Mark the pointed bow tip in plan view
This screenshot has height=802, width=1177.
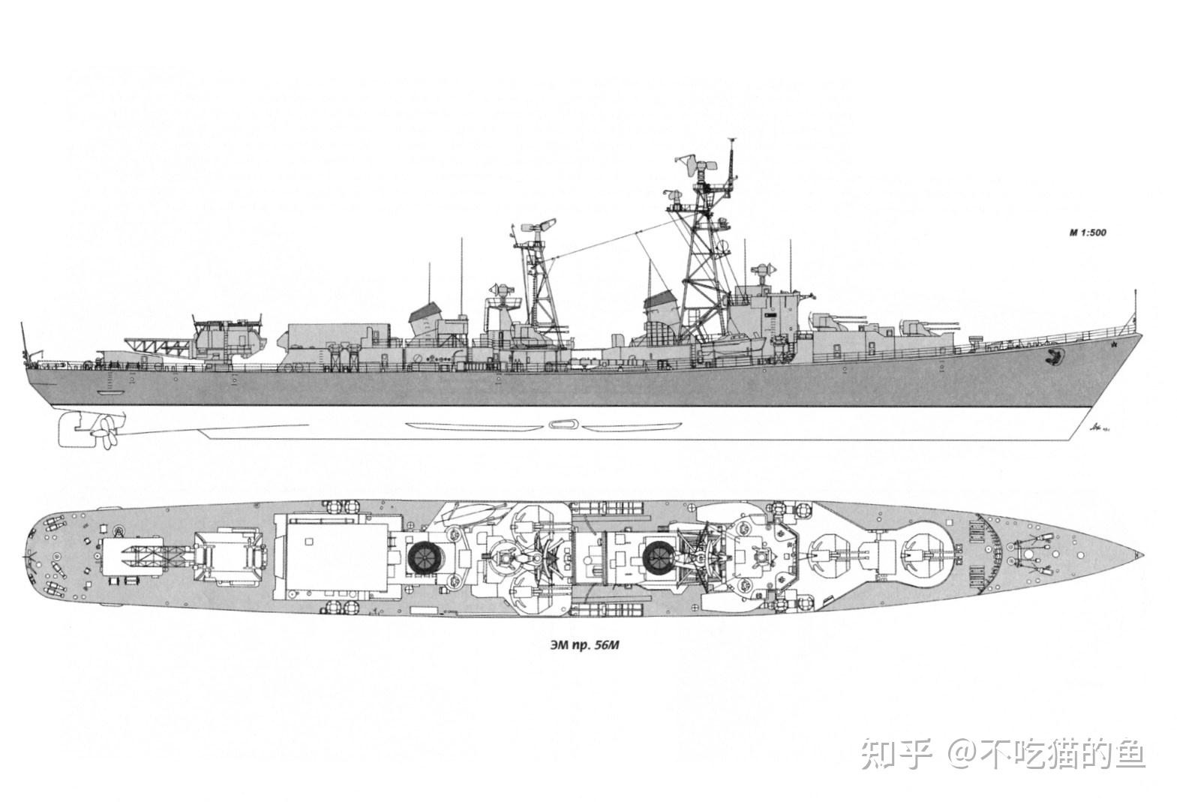1141,554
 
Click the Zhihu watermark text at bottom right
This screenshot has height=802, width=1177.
1002,753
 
